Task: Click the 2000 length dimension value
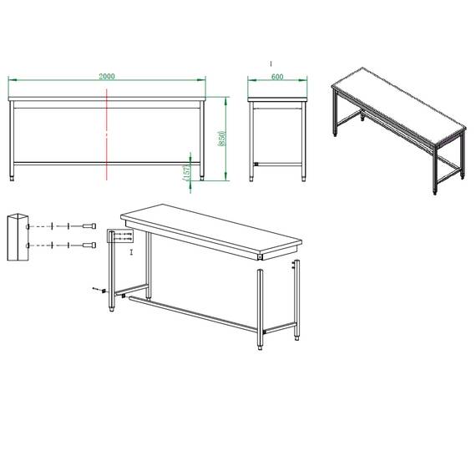click(x=107, y=76)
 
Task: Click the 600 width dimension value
click(x=278, y=76)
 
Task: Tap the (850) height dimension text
click(x=220, y=138)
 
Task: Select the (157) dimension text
click(x=186, y=170)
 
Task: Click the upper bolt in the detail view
click(x=89, y=226)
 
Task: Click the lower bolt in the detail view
click(x=89, y=244)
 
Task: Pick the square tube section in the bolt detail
click(x=17, y=237)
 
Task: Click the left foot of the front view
click(x=12, y=177)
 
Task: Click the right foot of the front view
click(x=200, y=177)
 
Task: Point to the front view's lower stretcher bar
click(x=106, y=163)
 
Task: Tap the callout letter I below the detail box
click(x=130, y=251)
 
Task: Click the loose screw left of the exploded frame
click(x=97, y=291)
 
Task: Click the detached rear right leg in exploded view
click(x=296, y=301)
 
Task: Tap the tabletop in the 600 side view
click(x=278, y=100)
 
